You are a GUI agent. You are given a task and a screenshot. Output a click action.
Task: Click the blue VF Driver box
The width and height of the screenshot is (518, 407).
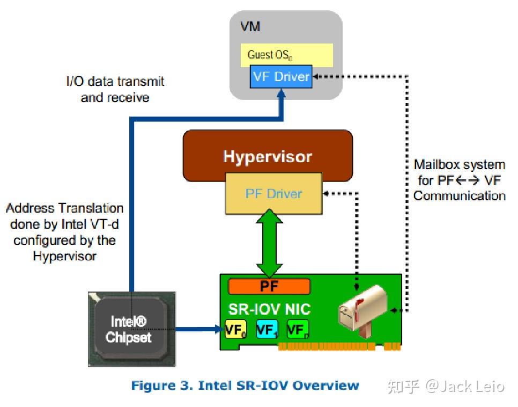click(x=281, y=76)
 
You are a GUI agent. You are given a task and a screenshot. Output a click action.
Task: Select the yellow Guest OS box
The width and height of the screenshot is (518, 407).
click(x=286, y=55)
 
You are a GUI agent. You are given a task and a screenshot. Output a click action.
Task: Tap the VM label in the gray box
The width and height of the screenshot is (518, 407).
click(x=250, y=26)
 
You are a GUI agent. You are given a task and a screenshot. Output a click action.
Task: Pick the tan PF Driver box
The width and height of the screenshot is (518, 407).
click(x=273, y=194)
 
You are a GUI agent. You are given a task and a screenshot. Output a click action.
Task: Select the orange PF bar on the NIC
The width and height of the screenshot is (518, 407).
click(x=269, y=286)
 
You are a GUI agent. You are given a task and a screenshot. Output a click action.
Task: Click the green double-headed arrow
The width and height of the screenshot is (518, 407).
click(x=269, y=243)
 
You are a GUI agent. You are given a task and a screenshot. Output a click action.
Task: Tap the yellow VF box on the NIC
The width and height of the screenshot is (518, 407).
click(x=235, y=329)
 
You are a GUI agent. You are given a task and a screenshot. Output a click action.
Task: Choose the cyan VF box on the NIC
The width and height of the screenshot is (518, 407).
click(x=267, y=329)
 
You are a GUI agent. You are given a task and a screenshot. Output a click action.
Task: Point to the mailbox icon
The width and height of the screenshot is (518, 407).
click(x=362, y=311)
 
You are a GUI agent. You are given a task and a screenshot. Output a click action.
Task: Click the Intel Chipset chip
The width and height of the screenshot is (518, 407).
click(x=131, y=329)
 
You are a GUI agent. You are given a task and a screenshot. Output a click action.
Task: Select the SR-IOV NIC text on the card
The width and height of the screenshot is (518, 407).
click(x=269, y=309)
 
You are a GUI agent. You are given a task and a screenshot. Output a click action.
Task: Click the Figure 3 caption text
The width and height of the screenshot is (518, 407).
click(x=245, y=386)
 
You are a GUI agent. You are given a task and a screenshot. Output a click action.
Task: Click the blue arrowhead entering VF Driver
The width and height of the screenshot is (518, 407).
click(x=281, y=93)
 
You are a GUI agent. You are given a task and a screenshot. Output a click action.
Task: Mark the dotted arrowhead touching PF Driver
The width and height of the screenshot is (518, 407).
click(x=325, y=193)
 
